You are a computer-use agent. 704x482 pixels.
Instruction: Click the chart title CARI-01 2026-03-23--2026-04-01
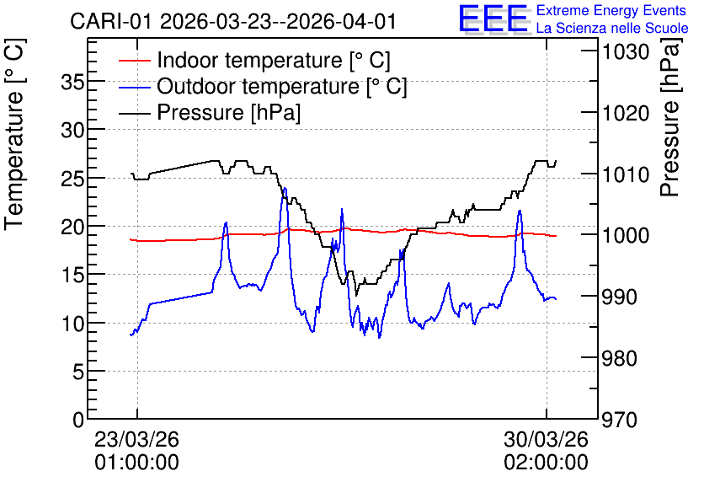(233, 21)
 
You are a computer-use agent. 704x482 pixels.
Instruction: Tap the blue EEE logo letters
(493, 19)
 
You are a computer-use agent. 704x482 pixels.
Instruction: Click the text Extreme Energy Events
(611, 10)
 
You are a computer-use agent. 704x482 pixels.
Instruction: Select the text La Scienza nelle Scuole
(612, 28)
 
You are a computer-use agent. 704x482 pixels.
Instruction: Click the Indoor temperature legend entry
(254, 60)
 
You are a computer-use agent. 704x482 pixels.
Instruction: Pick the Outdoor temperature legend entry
(263, 86)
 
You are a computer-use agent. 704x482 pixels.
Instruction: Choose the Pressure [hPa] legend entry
(210, 112)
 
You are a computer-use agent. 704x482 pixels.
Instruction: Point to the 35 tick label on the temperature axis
(72, 83)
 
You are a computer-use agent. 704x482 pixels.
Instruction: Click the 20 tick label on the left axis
(72, 227)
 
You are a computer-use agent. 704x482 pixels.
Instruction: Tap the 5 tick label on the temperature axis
(78, 372)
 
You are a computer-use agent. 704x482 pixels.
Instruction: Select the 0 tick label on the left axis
(78, 420)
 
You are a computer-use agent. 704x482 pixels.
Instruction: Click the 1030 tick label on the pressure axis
(626, 52)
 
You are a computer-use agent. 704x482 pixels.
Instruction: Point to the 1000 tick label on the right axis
(626, 235)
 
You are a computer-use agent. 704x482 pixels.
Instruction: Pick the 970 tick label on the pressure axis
(620, 420)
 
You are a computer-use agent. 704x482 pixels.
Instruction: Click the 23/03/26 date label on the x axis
(136, 439)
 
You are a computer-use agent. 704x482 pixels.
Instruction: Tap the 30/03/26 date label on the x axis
(546, 439)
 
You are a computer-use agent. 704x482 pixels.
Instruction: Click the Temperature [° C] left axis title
(15, 134)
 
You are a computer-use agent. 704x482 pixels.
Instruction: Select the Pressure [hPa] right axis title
(670, 117)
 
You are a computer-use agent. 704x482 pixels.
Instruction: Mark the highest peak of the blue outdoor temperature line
(284, 188)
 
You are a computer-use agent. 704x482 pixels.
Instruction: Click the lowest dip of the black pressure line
(356, 295)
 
